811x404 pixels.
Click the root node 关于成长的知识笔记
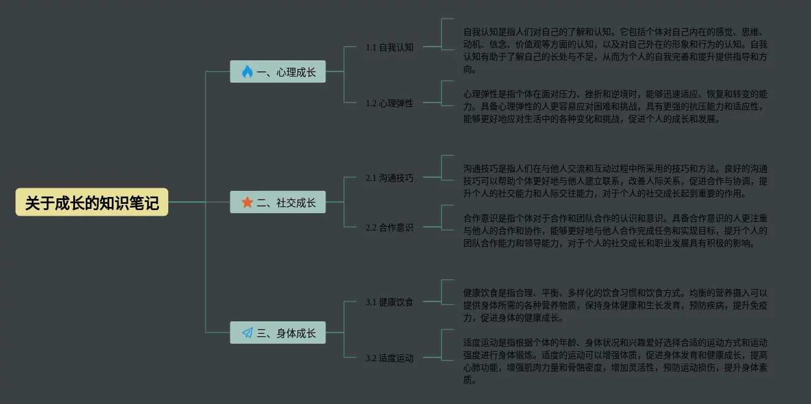pos(92,203)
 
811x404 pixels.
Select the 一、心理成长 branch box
pos(278,72)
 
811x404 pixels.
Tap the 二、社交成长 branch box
pos(278,203)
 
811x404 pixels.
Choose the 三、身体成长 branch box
pos(278,333)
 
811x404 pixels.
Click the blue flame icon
pos(247,72)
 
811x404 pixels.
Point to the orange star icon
pos(247,203)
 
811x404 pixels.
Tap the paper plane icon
pos(247,333)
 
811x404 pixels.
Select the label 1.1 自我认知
pos(389,47)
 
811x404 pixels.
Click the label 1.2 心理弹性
pos(389,103)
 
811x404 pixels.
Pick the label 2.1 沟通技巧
pos(389,178)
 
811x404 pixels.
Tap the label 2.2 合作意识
pos(389,227)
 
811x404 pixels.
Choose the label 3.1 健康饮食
pos(389,302)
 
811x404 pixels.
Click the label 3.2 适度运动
pos(389,358)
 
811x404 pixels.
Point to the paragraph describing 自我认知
pos(615,50)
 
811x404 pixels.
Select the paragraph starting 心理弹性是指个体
pos(615,106)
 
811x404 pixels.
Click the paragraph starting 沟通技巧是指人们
pos(615,181)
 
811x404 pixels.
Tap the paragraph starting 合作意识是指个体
pos(615,231)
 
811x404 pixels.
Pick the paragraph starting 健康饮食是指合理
pos(615,305)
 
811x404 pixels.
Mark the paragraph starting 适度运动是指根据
pos(615,361)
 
